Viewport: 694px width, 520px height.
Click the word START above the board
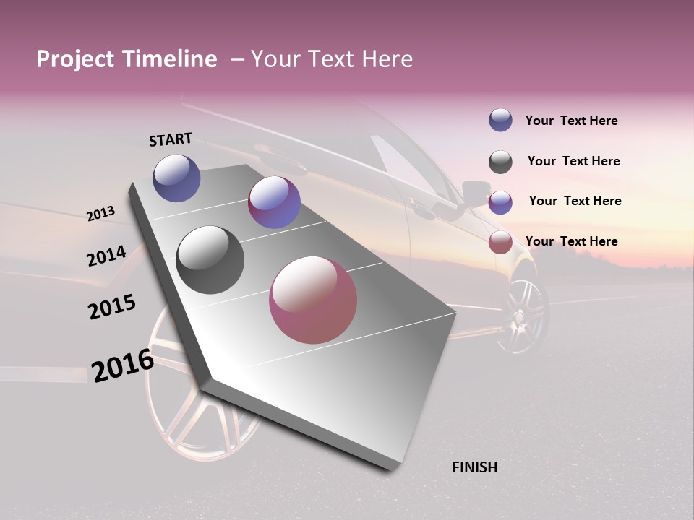click(x=171, y=139)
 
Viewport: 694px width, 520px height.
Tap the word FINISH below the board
click(x=475, y=467)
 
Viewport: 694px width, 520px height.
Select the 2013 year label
click(x=100, y=214)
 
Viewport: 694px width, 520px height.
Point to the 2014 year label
click(x=106, y=256)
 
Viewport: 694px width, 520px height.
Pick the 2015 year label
click(x=112, y=307)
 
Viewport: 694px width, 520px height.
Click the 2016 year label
click(x=123, y=365)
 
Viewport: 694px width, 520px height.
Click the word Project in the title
click(x=76, y=59)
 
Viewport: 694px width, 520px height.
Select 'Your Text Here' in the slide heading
click(x=332, y=59)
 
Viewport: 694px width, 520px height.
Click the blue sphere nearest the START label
click(x=176, y=178)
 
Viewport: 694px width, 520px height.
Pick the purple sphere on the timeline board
click(x=274, y=202)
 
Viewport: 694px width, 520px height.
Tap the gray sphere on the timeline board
click(x=210, y=260)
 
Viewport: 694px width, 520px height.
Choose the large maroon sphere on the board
click(x=313, y=300)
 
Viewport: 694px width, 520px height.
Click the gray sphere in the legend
click(x=500, y=162)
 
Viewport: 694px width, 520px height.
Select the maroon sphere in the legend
click(x=500, y=242)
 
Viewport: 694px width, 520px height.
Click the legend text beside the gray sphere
click(x=573, y=161)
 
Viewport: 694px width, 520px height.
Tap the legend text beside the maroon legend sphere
click(x=571, y=241)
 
